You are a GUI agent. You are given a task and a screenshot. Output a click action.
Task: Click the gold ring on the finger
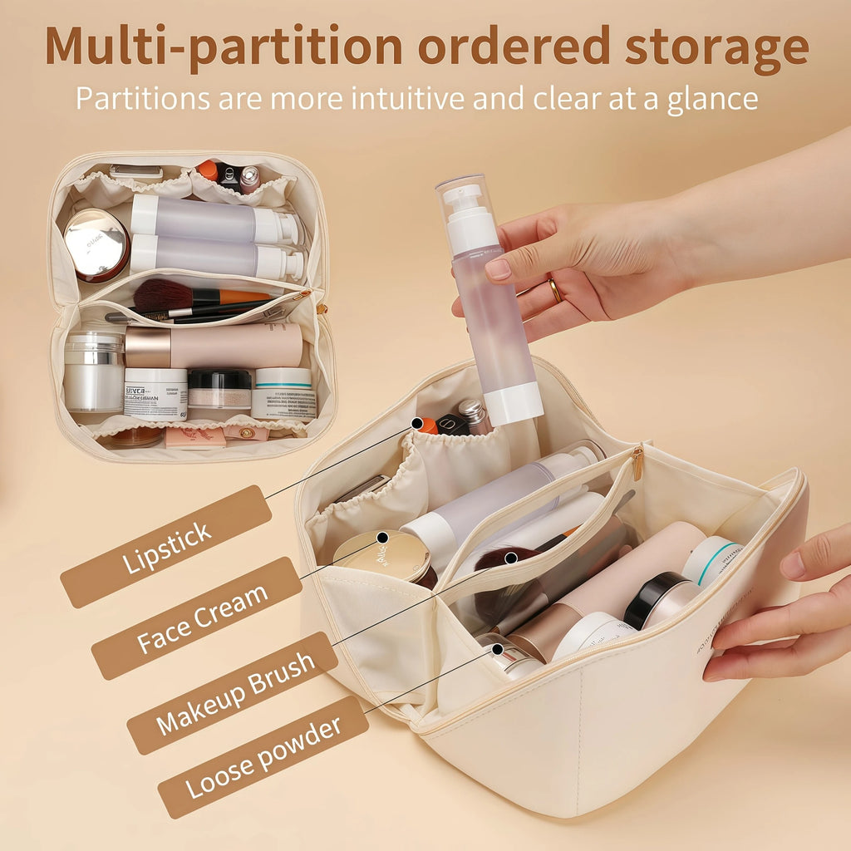click(554, 290)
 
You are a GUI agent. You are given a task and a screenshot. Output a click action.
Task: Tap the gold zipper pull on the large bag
click(637, 462)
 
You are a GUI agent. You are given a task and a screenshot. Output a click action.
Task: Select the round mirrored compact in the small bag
click(96, 243)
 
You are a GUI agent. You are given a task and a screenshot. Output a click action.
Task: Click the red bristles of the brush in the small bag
click(163, 294)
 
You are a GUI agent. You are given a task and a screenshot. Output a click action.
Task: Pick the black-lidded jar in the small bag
click(219, 389)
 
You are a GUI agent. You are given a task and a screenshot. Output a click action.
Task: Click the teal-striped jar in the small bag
click(283, 392)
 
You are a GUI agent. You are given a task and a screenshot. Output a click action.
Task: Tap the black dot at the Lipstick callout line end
click(416, 424)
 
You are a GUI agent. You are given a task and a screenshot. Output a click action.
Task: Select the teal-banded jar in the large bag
click(711, 560)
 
